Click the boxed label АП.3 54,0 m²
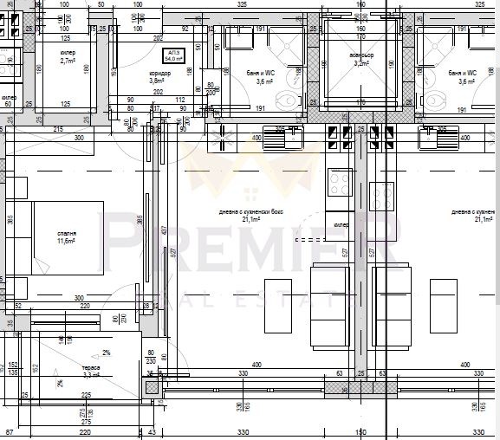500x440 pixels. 175,55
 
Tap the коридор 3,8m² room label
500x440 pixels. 159,78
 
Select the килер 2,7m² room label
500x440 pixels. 68,58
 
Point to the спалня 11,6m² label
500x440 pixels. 67,237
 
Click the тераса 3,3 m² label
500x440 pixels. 92,372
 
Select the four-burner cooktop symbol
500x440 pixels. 339,184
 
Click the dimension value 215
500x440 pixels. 58,129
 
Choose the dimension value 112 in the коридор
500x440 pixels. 180,99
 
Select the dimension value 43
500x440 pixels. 152,431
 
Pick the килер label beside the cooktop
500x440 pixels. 341,224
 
